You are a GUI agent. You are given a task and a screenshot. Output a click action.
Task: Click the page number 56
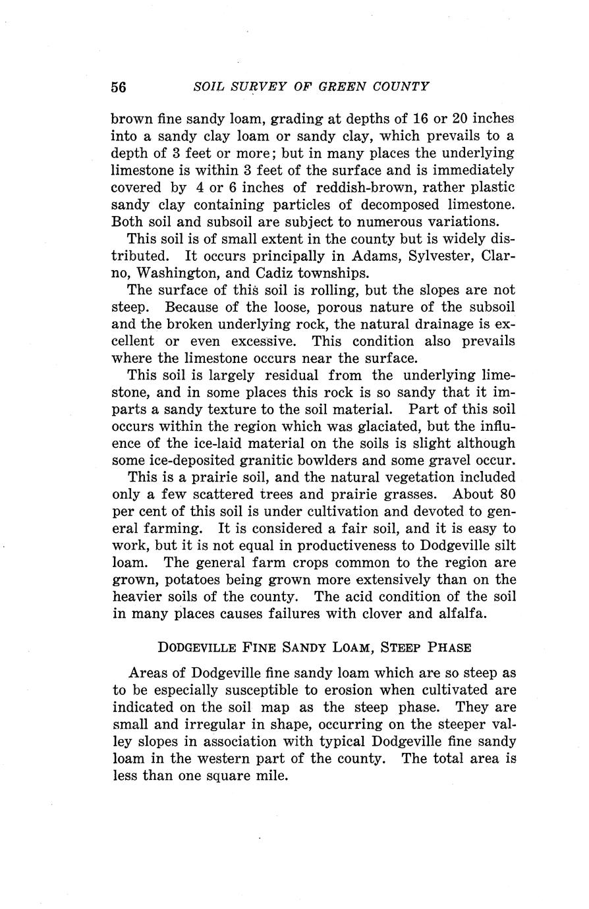pyautogui.click(x=119, y=87)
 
